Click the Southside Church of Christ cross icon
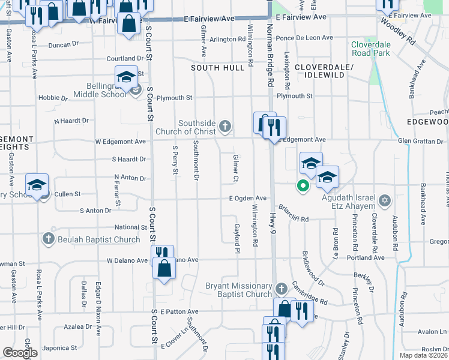[225, 126]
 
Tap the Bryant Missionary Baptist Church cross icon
[280, 290]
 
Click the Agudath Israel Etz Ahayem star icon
[385, 200]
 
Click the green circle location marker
[303, 186]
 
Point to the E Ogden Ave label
[247, 198]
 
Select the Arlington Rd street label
[228, 40]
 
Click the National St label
[131, 228]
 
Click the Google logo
[20, 353]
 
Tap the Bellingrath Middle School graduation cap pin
[127, 77]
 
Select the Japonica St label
[58, 347]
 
